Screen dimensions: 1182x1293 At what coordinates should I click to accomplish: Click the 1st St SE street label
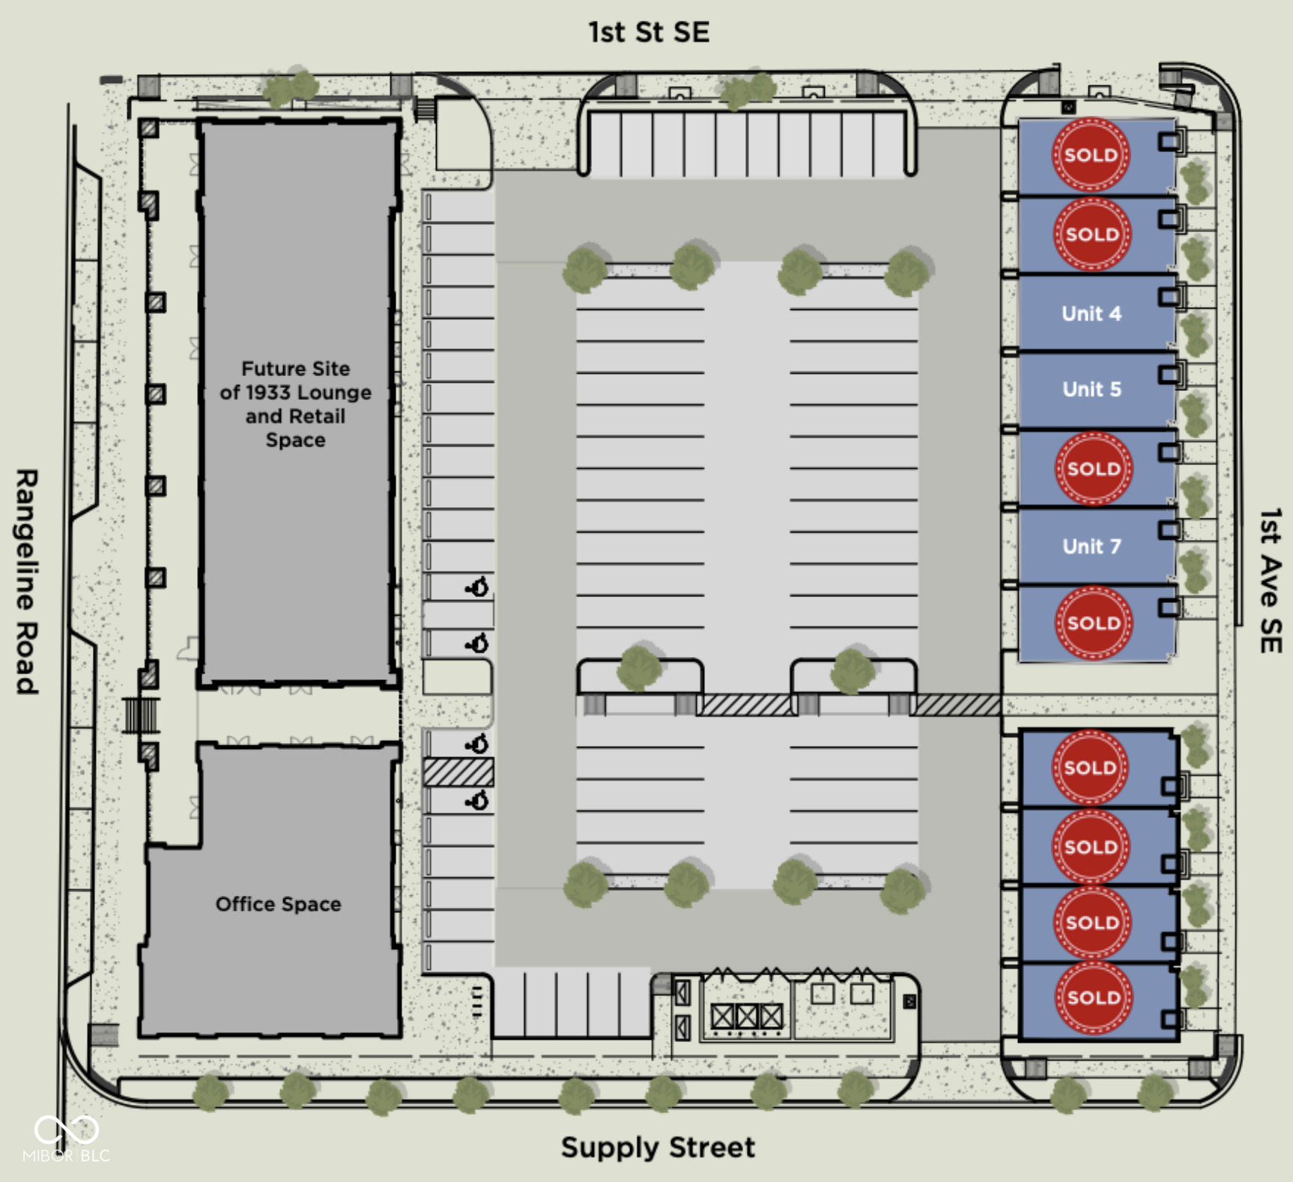coord(648,32)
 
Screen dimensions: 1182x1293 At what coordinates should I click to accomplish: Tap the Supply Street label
coord(658,1147)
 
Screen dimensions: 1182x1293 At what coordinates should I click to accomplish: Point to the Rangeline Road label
coord(27,582)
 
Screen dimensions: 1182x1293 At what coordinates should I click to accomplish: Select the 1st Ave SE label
coord(1270,581)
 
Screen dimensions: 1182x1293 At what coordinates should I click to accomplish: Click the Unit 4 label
coord(1091,314)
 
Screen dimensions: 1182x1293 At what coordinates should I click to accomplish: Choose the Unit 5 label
coord(1091,390)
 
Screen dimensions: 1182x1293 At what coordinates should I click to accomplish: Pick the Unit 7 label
coord(1091,547)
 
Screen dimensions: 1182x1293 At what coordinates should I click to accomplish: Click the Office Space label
coord(278,904)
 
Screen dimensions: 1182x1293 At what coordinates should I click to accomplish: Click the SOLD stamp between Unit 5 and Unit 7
coord(1094,469)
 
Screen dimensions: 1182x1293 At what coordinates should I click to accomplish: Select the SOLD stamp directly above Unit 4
coord(1092,234)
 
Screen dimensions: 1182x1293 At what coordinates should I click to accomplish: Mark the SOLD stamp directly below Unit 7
coord(1094,623)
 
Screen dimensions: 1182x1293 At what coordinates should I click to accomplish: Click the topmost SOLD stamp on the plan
coord(1091,155)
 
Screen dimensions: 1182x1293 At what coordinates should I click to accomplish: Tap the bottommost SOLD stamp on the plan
coord(1093,998)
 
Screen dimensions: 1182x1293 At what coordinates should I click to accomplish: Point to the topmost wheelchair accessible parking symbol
coord(477,587)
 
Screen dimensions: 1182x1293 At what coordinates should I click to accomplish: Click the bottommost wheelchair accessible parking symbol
coord(477,801)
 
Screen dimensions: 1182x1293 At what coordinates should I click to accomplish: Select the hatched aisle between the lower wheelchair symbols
coord(458,772)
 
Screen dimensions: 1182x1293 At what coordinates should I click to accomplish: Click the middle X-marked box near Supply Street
coord(747,1016)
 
